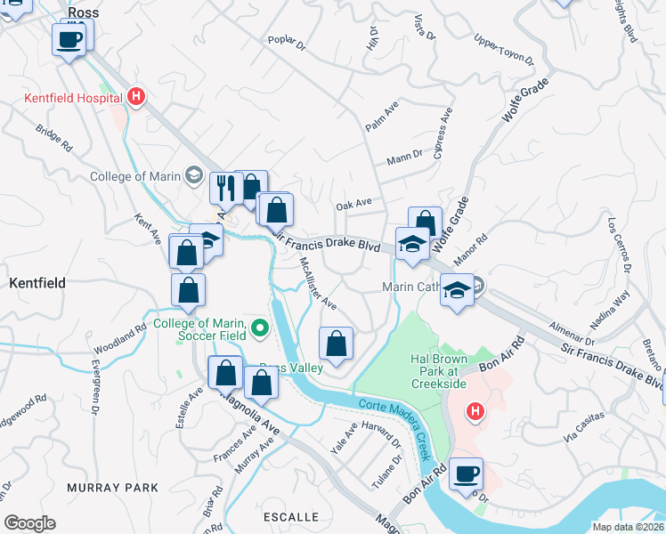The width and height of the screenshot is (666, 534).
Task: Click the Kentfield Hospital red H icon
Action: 135,95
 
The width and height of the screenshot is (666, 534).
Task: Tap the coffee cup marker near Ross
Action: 70,39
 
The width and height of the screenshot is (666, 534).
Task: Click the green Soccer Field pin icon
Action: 260,329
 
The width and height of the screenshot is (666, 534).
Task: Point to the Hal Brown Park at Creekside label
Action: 445,369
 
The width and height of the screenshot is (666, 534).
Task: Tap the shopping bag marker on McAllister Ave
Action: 337,343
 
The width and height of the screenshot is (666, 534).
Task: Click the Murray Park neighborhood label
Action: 112,488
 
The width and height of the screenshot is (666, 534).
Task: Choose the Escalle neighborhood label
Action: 291,516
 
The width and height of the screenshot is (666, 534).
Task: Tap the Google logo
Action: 29,523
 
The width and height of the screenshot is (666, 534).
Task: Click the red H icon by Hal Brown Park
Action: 475,411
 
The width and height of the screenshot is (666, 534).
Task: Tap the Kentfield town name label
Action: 37,282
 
